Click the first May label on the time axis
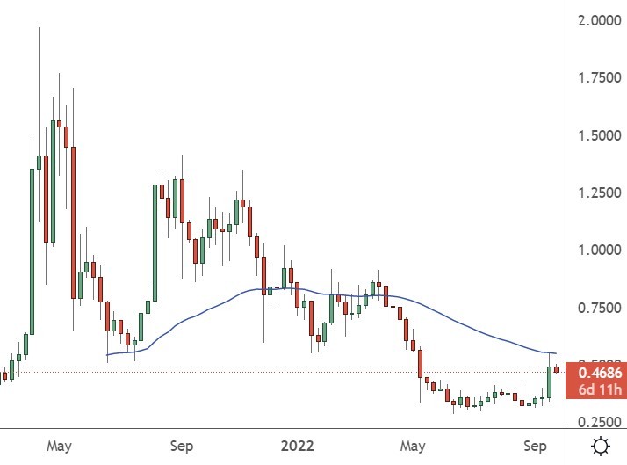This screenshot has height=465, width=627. [x=59, y=446]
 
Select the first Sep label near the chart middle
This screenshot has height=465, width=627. [x=181, y=446]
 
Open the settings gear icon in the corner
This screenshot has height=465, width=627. [x=602, y=445]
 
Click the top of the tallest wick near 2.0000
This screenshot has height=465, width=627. [x=39, y=28]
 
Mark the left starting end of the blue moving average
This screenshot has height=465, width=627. [x=106, y=355]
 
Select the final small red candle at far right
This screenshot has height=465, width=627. [x=556, y=369]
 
